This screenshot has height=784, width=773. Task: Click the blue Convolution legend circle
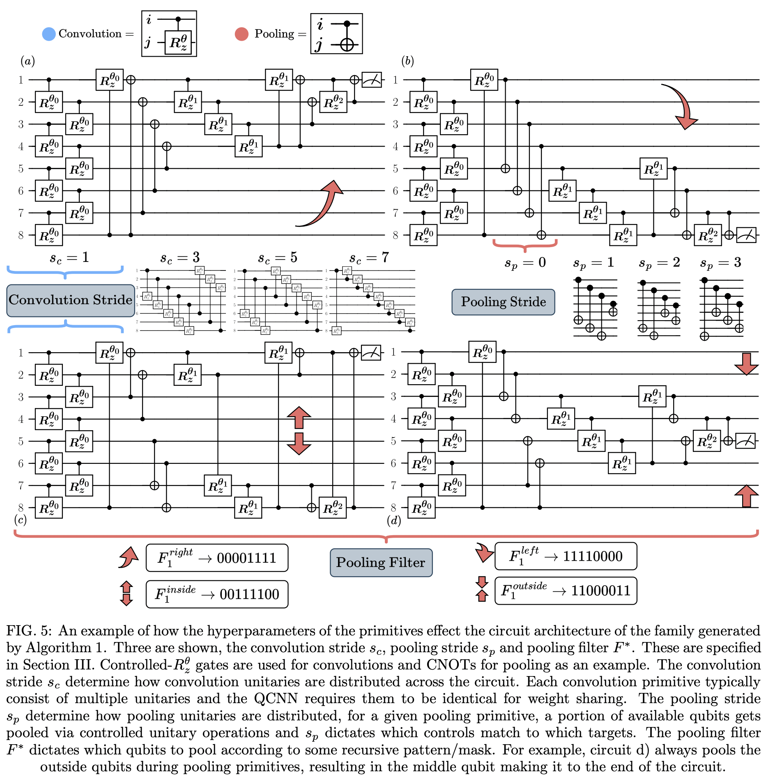click(49, 34)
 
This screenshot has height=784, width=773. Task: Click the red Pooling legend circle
click(242, 34)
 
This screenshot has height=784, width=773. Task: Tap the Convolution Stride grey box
click(70, 300)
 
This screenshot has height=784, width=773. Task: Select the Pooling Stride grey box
click(503, 302)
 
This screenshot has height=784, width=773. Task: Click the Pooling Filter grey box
click(381, 562)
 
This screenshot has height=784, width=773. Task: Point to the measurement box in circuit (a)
click(371, 80)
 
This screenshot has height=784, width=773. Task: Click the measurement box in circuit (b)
click(746, 235)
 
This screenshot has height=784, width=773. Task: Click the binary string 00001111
click(246, 558)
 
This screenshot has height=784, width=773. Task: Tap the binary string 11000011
click(601, 591)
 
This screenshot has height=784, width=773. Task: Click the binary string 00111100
click(249, 594)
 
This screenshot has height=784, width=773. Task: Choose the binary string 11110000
click(593, 557)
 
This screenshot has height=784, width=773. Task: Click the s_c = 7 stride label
click(369, 258)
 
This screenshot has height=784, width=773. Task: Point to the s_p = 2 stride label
click(659, 263)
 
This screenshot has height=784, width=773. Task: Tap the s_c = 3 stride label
click(180, 258)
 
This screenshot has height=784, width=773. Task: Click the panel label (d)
click(394, 520)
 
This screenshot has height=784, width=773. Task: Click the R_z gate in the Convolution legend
click(178, 42)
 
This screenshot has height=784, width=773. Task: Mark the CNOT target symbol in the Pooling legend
click(347, 44)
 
